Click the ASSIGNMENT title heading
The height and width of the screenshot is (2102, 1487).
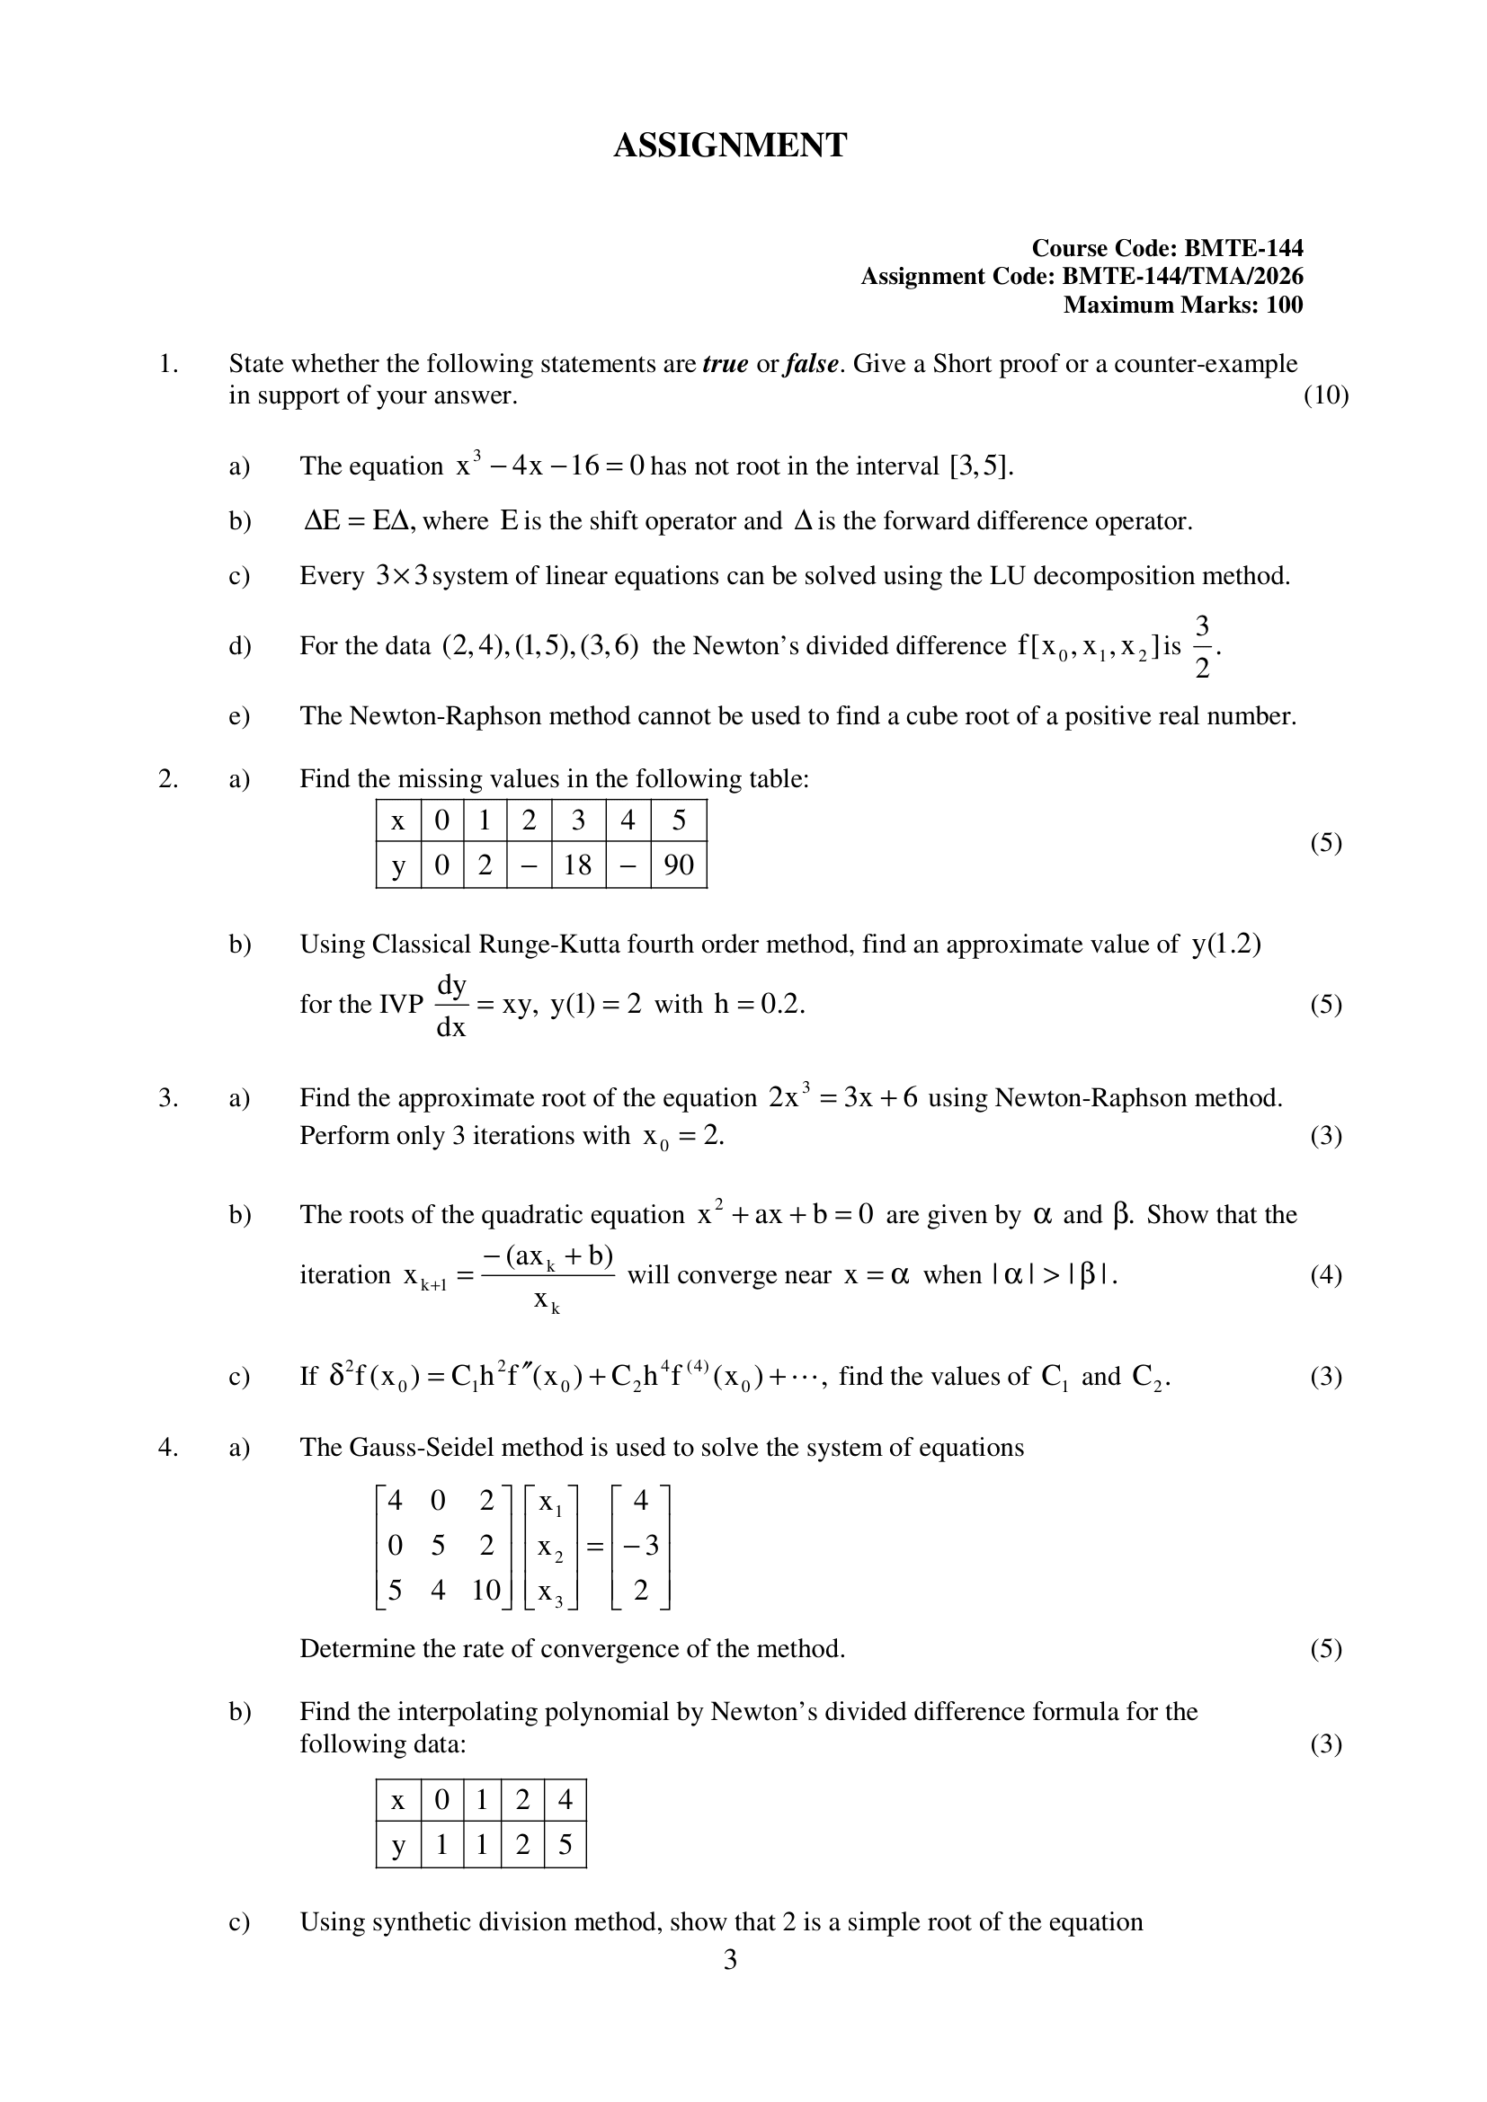pyautogui.click(x=730, y=146)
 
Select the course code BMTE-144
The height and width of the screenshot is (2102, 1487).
pyautogui.click(x=1243, y=248)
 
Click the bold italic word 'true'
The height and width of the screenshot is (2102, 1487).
pyautogui.click(x=726, y=363)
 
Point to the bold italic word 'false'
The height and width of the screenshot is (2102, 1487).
pyautogui.click(x=811, y=363)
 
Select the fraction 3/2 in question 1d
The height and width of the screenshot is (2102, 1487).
pyautogui.click(x=1202, y=646)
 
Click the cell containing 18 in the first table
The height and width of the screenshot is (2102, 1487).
pyautogui.click(x=578, y=865)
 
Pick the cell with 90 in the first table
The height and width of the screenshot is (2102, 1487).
pyautogui.click(x=679, y=865)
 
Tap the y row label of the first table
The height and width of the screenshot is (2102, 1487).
pyautogui.click(x=397, y=865)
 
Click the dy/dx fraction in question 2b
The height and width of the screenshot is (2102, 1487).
pyautogui.click(x=451, y=1006)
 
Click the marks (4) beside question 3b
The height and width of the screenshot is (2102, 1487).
pyautogui.click(x=1325, y=1274)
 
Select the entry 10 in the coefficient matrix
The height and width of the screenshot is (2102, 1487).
pyautogui.click(x=485, y=1591)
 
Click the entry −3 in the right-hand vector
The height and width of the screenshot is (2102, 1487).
pyautogui.click(x=641, y=1546)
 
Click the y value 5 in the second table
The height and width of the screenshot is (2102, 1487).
pyautogui.click(x=565, y=1844)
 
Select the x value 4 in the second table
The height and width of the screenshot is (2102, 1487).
pyautogui.click(x=565, y=1800)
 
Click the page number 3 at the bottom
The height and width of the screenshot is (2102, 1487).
pyautogui.click(x=730, y=1959)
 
